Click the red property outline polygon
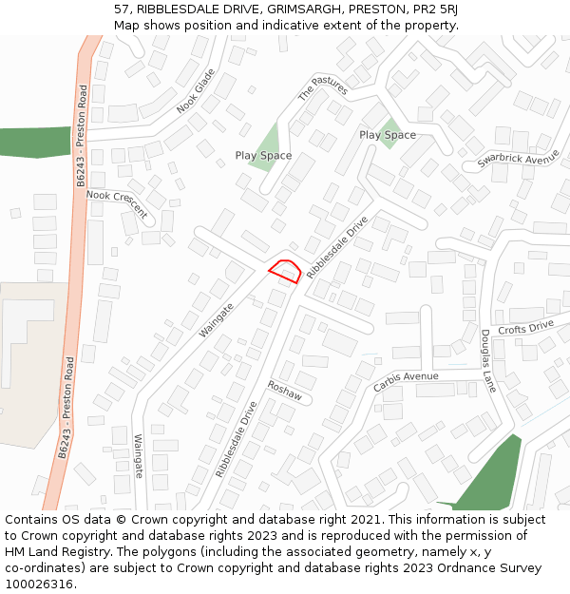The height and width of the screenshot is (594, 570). [x=285, y=271]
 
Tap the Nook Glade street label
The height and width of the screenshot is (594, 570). [x=197, y=91]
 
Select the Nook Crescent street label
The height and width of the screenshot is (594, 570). [x=117, y=203]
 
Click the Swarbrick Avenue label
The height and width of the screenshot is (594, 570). [x=519, y=159]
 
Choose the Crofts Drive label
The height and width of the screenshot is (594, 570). [x=525, y=328]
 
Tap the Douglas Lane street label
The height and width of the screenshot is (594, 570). [x=488, y=361]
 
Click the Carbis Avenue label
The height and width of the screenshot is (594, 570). [x=406, y=381]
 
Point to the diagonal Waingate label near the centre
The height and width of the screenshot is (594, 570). [x=217, y=321]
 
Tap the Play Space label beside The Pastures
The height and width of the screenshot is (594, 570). [x=263, y=155]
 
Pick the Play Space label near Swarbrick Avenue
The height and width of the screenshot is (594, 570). [x=388, y=135]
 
